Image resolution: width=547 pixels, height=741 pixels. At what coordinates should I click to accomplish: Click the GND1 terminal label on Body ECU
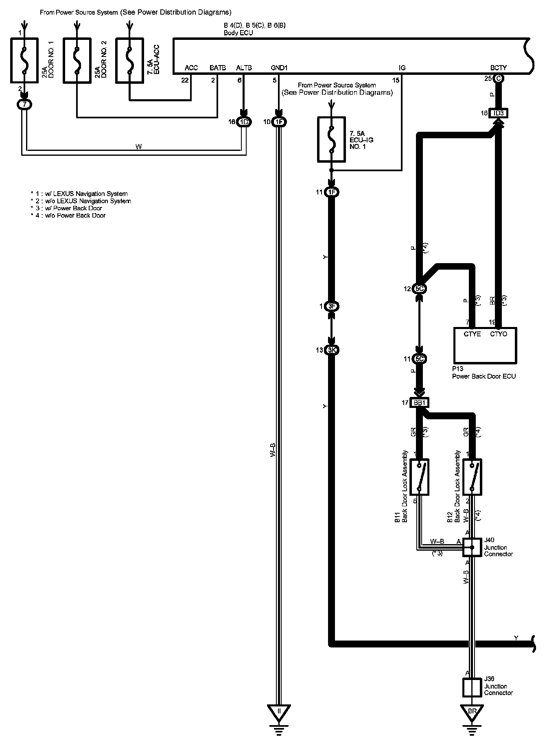click(x=279, y=68)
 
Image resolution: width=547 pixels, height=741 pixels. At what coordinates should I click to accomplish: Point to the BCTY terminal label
click(x=499, y=68)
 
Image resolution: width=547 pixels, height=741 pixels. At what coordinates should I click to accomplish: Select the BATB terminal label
click(x=218, y=68)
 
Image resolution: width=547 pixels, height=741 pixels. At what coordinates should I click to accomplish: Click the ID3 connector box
click(x=499, y=113)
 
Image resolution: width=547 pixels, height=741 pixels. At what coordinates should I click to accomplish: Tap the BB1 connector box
click(x=419, y=403)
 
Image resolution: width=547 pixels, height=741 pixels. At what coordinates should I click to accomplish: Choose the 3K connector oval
click(x=332, y=350)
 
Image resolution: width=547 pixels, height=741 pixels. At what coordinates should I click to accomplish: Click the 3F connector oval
click(x=332, y=306)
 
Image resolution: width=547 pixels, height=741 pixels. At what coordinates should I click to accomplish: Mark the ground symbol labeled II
click(x=279, y=712)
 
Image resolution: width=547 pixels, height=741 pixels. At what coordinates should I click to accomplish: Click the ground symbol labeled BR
click(x=472, y=712)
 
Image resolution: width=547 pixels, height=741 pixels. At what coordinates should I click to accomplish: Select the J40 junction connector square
click(x=472, y=547)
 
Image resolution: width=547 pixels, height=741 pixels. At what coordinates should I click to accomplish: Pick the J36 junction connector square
click(x=472, y=687)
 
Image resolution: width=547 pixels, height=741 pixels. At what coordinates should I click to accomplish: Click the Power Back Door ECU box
click(x=485, y=345)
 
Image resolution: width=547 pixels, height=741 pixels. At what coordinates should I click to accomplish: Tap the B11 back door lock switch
click(x=419, y=477)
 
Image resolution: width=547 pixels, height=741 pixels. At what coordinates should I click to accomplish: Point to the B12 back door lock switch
click(x=472, y=477)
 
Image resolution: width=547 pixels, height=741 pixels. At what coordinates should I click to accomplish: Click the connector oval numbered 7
click(x=24, y=105)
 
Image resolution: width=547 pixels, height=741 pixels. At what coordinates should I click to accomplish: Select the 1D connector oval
click(x=244, y=122)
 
